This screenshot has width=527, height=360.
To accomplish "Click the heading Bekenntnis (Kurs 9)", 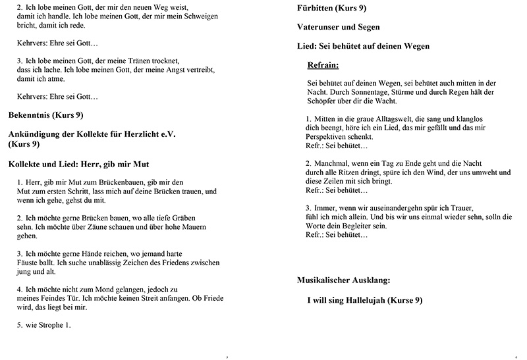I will pyautogui.click(x=45, y=115).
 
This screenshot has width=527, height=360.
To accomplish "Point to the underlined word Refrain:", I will pyautogui.click(x=323, y=66).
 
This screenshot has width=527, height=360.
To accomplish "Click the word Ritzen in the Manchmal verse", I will pyautogui.click(x=355, y=173).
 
